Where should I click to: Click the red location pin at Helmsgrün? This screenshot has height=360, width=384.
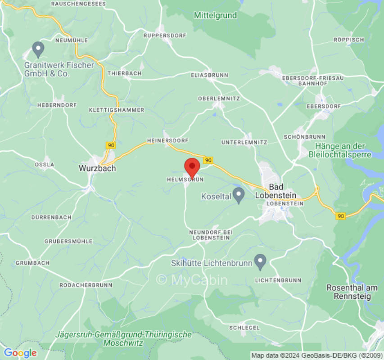[192, 167]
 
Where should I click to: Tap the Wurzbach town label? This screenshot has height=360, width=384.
[97, 168]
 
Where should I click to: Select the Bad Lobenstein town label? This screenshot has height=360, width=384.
[276, 191]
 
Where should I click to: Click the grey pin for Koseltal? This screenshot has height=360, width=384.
[239, 195]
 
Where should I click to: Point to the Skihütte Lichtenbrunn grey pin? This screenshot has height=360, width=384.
[260, 261]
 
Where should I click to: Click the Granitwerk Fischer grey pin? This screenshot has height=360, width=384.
[38, 48]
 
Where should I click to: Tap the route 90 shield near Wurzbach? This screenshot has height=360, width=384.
[111, 145]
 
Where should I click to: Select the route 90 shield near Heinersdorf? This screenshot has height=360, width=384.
[208, 160]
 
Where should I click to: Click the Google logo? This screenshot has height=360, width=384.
[20, 353]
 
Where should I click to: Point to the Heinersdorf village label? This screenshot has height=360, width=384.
[167, 141]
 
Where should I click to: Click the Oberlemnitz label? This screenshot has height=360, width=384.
[219, 99]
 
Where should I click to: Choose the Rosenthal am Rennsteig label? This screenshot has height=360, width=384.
[352, 292]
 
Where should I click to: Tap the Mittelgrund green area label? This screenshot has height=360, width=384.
[215, 15]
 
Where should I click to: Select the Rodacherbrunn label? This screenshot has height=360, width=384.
[86, 285]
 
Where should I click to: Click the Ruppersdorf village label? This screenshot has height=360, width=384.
[161, 35]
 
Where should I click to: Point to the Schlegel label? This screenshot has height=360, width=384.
[244, 328]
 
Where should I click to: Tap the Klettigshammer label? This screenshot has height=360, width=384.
[117, 110]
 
